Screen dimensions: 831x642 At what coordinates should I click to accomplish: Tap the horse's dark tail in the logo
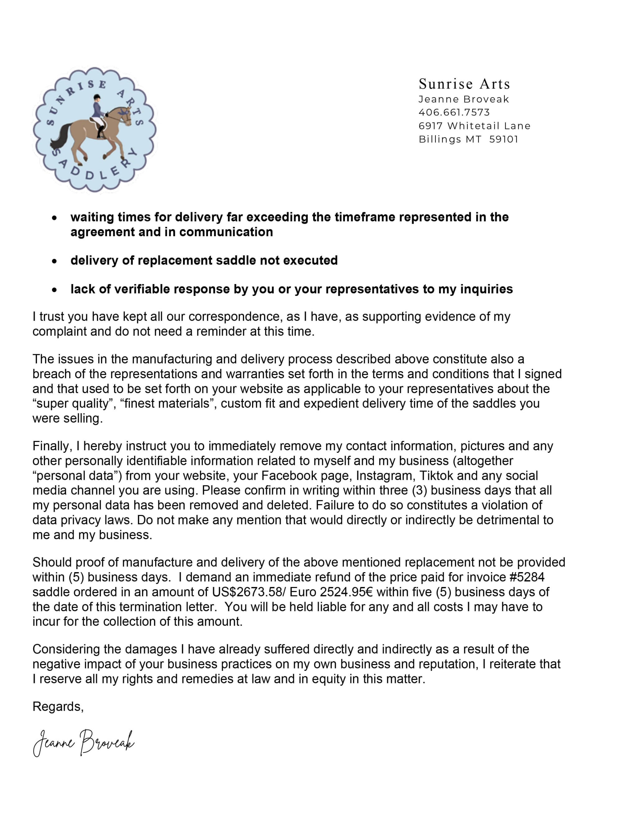(61, 137)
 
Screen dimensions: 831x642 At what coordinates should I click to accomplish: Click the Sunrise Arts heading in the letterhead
(464, 84)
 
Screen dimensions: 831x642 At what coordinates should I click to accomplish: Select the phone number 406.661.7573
(454, 112)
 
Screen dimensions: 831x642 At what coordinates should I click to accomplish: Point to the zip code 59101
(503, 139)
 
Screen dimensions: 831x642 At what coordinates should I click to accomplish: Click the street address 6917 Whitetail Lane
(474, 126)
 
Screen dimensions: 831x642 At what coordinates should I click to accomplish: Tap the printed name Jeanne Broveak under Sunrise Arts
(464, 99)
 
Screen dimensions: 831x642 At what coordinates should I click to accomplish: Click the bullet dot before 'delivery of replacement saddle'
(55, 261)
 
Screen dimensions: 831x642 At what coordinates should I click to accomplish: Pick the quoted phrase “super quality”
(74, 403)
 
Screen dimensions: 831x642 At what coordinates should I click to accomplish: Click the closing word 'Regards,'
(58, 707)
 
